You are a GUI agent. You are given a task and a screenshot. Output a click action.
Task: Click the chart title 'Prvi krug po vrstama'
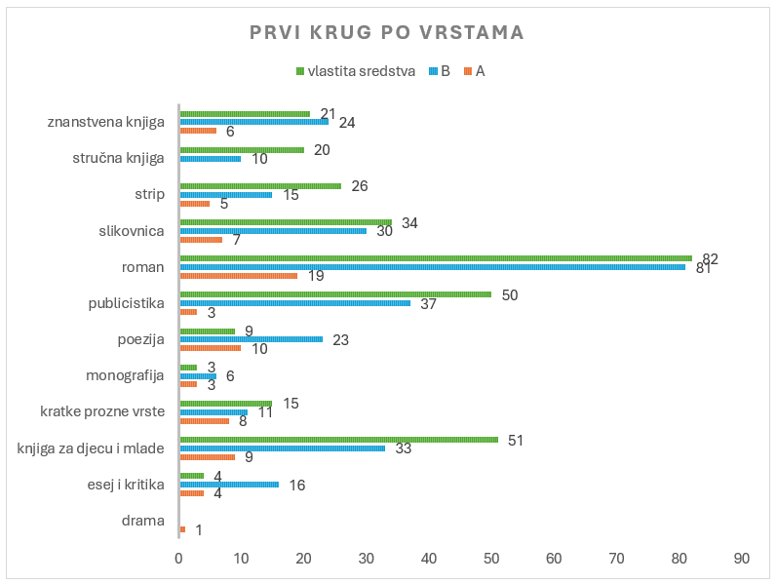(386, 33)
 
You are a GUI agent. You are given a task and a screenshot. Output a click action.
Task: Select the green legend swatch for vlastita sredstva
(300, 71)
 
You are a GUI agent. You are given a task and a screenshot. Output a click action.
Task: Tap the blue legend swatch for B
(433, 71)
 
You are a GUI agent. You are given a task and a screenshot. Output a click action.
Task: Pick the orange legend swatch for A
(468, 71)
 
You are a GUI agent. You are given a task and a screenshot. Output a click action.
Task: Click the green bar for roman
(436, 258)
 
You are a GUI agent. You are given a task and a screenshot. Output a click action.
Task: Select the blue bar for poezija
(252, 339)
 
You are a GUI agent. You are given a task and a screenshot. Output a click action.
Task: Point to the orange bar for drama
(182, 529)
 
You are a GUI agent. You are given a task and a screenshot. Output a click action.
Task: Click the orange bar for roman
(238, 276)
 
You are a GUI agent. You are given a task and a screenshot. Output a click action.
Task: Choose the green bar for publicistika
(335, 294)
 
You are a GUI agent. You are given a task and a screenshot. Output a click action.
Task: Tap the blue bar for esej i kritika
(229, 485)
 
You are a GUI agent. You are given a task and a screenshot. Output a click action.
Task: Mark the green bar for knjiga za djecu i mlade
(339, 440)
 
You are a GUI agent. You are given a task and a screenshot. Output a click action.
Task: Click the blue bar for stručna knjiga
(211, 159)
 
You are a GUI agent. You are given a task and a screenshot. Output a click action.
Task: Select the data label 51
(516, 441)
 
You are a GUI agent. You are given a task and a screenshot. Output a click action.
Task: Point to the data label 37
(428, 303)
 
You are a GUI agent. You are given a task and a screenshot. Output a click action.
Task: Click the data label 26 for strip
(360, 186)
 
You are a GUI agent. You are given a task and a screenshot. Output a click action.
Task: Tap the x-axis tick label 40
(429, 559)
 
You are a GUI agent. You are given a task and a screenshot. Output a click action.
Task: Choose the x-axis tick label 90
(741, 559)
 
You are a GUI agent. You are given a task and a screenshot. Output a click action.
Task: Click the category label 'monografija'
(125, 375)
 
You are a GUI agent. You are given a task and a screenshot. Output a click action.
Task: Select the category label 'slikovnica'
(132, 231)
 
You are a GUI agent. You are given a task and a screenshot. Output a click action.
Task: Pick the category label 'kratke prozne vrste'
(102, 411)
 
